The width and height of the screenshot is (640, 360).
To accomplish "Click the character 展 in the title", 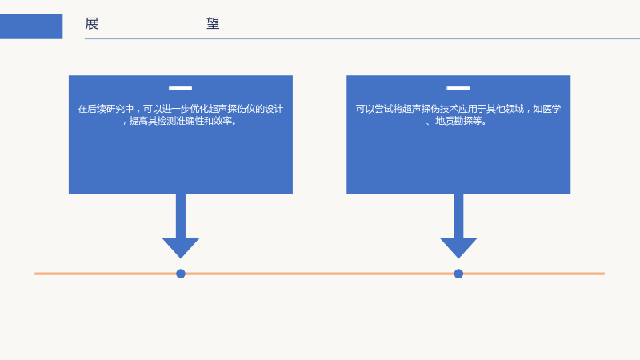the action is pyautogui.click(x=92, y=24).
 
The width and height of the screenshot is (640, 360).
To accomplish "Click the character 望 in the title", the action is pyautogui.click(x=213, y=24).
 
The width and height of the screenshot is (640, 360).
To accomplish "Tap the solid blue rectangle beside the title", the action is pyautogui.click(x=31, y=26).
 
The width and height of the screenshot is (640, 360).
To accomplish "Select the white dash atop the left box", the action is pyautogui.click(x=181, y=88).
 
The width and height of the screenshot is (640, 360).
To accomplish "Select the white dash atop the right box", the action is pyautogui.click(x=458, y=88).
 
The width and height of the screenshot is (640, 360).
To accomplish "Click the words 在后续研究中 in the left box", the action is pyautogui.click(x=106, y=109).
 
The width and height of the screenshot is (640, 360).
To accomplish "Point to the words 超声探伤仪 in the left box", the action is pyautogui.click(x=227, y=109).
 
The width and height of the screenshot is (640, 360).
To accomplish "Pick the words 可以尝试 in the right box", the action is pyautogui.click(x=374, y=109).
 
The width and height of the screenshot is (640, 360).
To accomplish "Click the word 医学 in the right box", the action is pyautogui.click(x=551, y=109).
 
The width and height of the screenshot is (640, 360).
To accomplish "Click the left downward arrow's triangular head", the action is pyautogui.click(x=181, y=246).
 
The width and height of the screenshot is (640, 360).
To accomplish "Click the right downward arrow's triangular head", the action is pyautogui.click(x=458, y=246).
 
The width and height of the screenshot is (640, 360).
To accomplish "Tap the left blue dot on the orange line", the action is pyautogui.click(x=181, y=274).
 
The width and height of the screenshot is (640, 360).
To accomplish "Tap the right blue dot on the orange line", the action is pyautogui.click(x=458, y=274).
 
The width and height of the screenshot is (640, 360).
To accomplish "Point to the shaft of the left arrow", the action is pyautogui.click(x=181, y=216).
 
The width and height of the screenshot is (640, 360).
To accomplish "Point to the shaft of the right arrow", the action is pyautogui.click(x=458, y=216).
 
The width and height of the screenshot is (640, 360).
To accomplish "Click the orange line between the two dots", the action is pyautogui.click(x=319, y=274).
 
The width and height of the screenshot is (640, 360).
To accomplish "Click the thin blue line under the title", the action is pyautogui.click(x=362, y=38).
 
